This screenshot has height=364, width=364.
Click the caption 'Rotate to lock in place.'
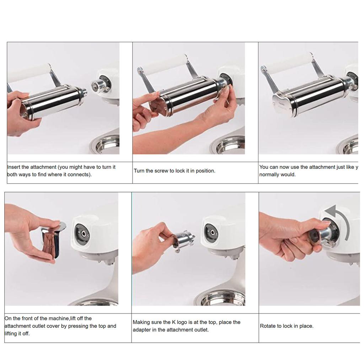[x=287, y=326]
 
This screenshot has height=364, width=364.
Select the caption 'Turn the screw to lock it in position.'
[x=175, y=171]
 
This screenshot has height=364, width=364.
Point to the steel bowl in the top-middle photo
[x=231, y=146]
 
